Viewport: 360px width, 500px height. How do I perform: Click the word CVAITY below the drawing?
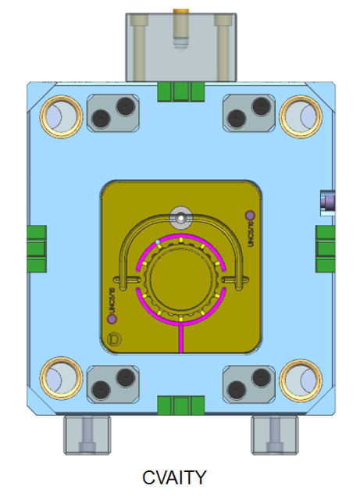tap(174, 477)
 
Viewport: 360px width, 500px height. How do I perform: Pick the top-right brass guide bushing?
tap(299, 116)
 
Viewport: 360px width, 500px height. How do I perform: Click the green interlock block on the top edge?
tap(180, 91)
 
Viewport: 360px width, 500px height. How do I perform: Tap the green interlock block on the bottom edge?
tap(180, 405)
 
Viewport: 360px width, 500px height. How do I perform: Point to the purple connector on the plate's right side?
tap(328, 202)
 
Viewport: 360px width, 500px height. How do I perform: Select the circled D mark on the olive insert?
tap(116, 339)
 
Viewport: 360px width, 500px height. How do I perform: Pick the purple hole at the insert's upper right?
tap(249, 215)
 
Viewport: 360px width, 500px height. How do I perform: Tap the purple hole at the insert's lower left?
tap(110, 317)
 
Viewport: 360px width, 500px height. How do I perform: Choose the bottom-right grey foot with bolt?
tap(273, 433)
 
